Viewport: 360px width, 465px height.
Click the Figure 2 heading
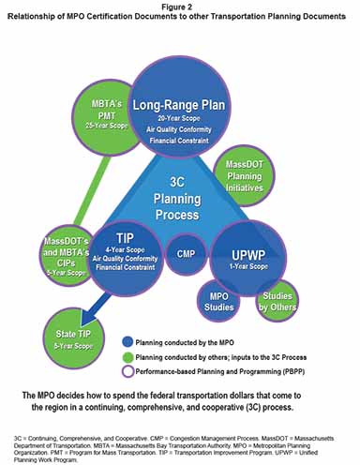point(179,7)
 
